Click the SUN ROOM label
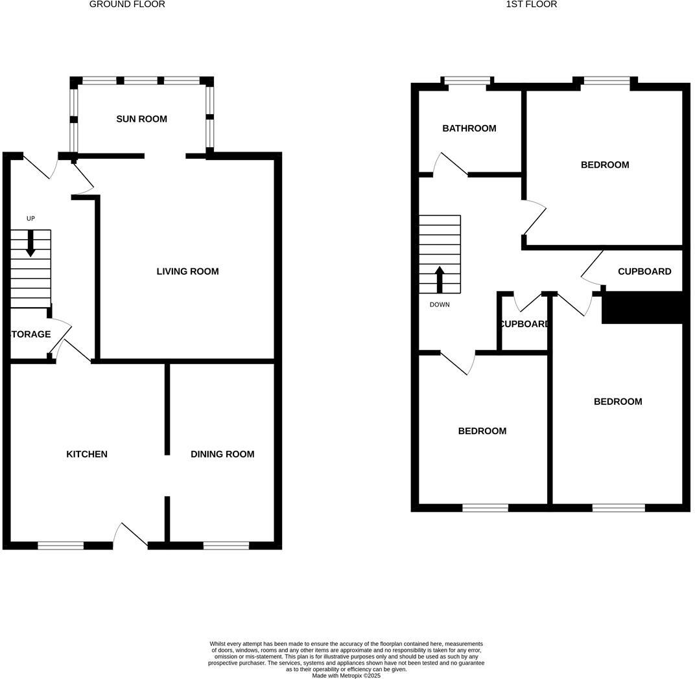141,119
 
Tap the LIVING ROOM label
187,271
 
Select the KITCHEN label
87,454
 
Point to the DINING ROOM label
222,454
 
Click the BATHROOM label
469,128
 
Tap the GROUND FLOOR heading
127,5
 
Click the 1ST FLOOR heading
532,5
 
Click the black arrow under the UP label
30,244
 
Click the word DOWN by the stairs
440,305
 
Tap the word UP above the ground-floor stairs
30,219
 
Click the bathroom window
467,81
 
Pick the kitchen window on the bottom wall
60,546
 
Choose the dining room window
226,546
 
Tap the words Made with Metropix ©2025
346,676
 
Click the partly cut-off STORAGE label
30,334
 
